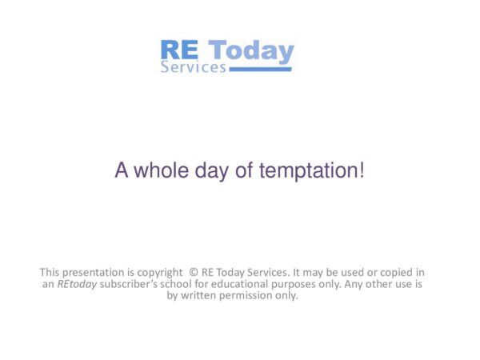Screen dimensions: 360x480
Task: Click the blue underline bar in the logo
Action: coord(261,70)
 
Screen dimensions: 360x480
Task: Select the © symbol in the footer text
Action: coord(194,272)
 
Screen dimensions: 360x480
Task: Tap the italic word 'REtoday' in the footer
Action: coord(77,283)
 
